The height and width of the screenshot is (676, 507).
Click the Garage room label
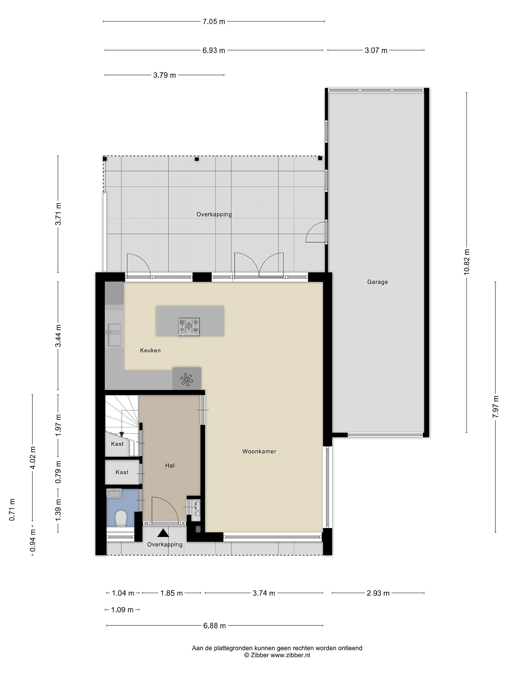(x=377, y=282)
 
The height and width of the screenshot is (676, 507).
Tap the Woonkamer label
(x=259, y=451)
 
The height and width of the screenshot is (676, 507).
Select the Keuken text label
(x=150, y=350)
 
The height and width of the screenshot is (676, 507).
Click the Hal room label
(x=170, y=465)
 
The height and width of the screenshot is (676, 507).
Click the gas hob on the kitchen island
(x=189, y=326)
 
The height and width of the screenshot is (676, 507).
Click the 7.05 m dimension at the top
(x=214, y=21)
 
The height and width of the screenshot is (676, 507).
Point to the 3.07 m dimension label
(x=376, y=50)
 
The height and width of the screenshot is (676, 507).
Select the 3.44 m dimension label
(x=58, y=336)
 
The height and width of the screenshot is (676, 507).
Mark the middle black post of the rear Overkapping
(x=197, y=159)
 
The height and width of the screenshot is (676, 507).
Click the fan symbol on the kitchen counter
(x=187, y=380)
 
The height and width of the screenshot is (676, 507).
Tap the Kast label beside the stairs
(x=117, y=444)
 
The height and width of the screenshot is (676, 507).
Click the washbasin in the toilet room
(x=114, y=493)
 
